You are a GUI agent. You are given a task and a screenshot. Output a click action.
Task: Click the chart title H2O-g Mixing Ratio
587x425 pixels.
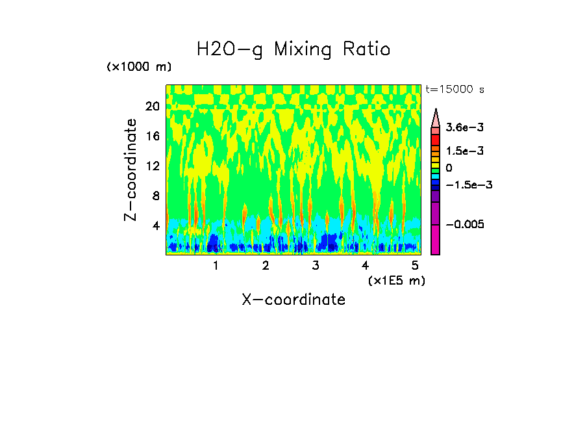[x=293, y=49]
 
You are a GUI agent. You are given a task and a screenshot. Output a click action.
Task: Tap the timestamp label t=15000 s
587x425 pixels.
[x=455, y=89]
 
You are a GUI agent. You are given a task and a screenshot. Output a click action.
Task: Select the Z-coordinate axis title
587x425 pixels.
[x=131, y=170]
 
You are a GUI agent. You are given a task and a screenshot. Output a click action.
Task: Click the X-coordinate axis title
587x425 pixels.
[x=293, y=300]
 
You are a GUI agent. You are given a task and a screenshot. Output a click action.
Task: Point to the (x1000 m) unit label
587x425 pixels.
[x=139, y=67]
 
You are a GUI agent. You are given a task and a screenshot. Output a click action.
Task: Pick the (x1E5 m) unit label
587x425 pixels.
[x=396, y=280]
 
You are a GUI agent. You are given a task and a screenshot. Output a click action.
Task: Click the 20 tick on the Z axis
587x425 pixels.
[x=152, y=107]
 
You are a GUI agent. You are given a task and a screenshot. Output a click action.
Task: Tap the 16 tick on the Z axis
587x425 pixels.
[x=152, y=136]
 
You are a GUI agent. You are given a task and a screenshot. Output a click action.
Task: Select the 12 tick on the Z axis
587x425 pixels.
[x=152, y=166]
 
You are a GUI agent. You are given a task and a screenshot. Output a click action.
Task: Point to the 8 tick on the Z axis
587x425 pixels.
[x=155, y=196]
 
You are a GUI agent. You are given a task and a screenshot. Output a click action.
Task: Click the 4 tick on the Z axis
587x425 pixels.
[x=155, y=226]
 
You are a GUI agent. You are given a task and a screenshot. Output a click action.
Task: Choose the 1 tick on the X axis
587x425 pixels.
[x=216, y=266]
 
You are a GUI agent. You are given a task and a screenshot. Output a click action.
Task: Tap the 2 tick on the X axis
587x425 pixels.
[x=266, y=266]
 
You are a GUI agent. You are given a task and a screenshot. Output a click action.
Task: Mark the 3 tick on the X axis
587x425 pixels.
[x=315, y=266]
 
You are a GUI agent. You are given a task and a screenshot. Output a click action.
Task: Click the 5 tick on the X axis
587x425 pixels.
[x=415, y=266]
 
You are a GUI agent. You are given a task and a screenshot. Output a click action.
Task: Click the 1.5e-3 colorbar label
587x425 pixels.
[x=460, y=151]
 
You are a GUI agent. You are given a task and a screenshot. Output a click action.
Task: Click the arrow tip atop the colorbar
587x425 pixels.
[x=435, y=112]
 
